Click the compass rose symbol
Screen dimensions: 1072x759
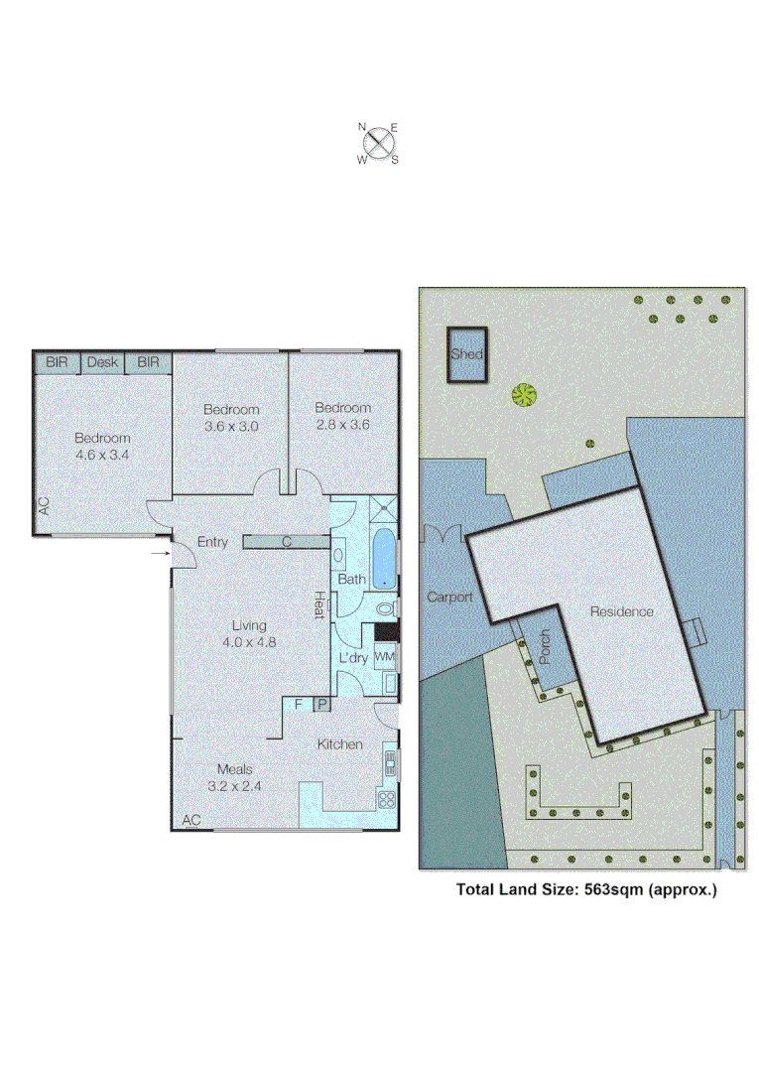(378, 143)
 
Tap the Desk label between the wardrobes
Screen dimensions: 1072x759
(102, 362)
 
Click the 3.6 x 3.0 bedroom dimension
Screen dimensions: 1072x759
(231, 426)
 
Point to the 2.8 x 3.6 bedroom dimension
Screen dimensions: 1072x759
(343, 424)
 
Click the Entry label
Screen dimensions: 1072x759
(213, 542)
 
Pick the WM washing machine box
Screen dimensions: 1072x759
(384, 656)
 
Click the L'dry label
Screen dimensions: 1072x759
(353, 658)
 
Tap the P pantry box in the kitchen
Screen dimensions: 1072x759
(321, 704)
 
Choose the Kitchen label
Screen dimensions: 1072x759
(339, 744)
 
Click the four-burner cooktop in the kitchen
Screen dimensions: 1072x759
(387, 799)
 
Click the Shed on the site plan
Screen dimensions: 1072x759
(466, 354)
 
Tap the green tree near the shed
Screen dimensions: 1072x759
(524, 395)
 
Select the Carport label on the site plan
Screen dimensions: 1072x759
(449, 598)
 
